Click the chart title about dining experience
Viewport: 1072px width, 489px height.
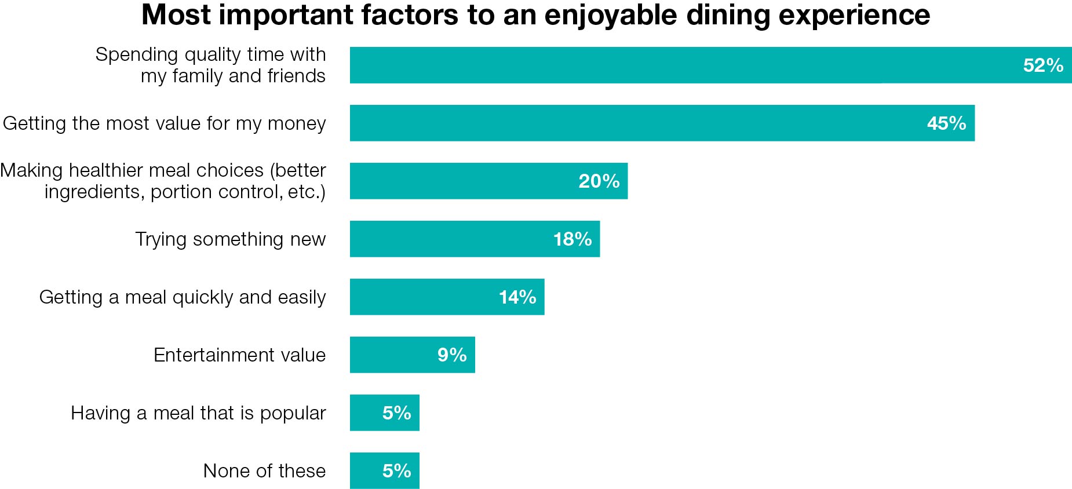(535, 15)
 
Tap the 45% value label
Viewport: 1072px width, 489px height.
(946, 123)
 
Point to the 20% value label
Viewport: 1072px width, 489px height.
(599, 181)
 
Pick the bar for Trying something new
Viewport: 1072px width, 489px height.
(452, 239)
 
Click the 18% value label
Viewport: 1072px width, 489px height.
(573, 239)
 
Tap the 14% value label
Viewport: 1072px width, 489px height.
(517, 297)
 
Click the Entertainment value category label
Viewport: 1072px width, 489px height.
(239, 355)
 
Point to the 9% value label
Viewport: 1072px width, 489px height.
(452, 355)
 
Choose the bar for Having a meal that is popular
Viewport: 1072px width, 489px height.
(365, 413)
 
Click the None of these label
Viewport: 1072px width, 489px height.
(264, 470)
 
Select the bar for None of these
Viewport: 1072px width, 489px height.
(365, 470)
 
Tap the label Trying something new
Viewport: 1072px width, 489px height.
(230, 239)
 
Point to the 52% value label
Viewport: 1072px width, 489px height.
(1043, 65)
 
